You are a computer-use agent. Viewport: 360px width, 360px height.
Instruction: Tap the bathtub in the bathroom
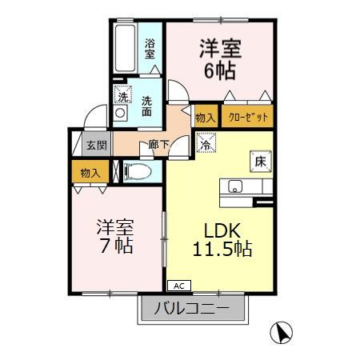tap(126, 49)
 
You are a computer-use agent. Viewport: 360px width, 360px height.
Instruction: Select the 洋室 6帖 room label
tap(217, 59)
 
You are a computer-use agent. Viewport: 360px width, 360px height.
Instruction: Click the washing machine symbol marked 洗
tap(122, 97)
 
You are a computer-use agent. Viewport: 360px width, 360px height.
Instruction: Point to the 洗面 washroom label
tap(149, 106)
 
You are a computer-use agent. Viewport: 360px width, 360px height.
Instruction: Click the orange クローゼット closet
tap(248, 118)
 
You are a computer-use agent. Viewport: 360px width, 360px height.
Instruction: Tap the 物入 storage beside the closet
tap(205, 118)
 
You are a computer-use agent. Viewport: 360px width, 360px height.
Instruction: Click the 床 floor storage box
tap(260, 160)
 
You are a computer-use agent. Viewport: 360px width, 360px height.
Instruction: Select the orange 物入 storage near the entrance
tap(90, 172)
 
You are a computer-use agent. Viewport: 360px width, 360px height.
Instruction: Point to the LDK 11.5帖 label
tap(222, 238)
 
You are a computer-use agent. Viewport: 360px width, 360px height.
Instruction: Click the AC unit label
tap(179, 285)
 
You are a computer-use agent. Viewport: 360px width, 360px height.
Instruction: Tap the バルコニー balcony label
tap(192, 308)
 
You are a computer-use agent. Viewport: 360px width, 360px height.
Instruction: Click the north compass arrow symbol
tap(281, 330)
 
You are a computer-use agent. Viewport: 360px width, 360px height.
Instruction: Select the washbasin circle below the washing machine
tap(120, 114)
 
